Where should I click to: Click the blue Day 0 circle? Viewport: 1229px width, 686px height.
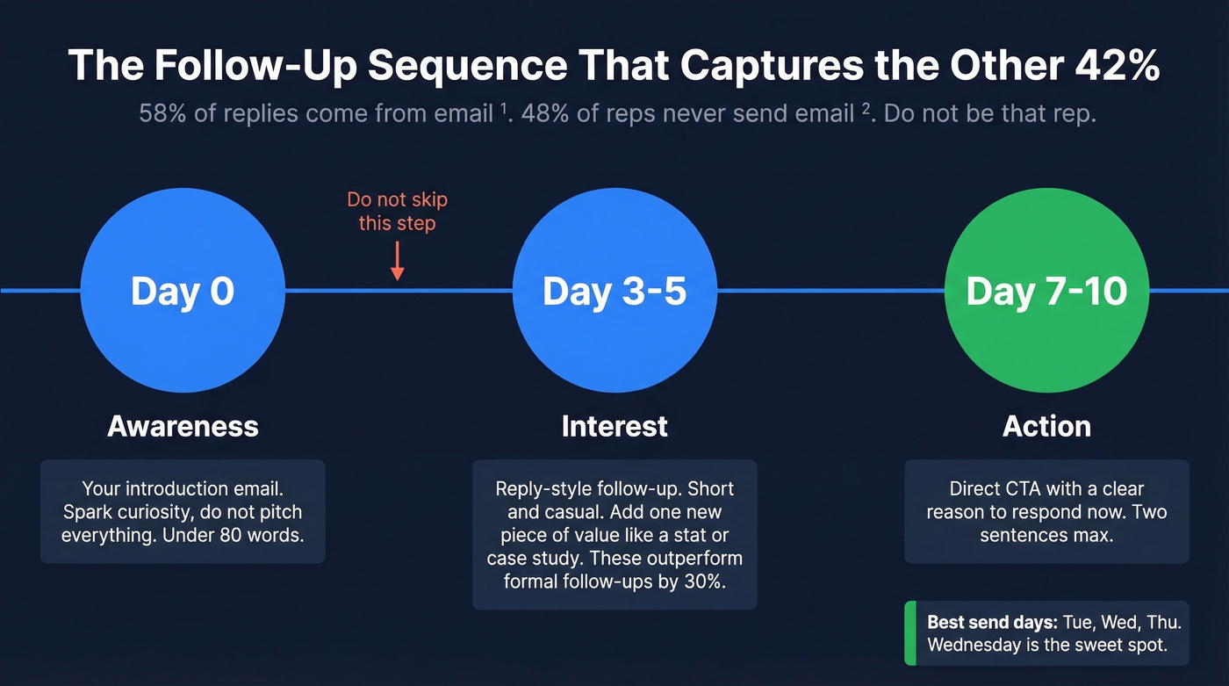(x=183, y=291)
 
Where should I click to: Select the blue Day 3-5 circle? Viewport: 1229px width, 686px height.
(x=614, y=291)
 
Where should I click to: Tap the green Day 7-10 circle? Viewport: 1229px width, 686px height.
(x=1046, y=291)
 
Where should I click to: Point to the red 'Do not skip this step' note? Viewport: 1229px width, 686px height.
(x=398, y=212)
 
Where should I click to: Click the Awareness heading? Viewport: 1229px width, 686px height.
(x=183, y=427)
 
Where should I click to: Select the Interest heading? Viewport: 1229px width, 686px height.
(x=614, y=427)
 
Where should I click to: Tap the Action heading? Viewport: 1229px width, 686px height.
(x=1046, y=427)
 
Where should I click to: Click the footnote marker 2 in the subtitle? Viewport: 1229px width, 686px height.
(x=864, y=109)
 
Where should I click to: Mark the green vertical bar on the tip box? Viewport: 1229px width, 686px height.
(x=909, y=633)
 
